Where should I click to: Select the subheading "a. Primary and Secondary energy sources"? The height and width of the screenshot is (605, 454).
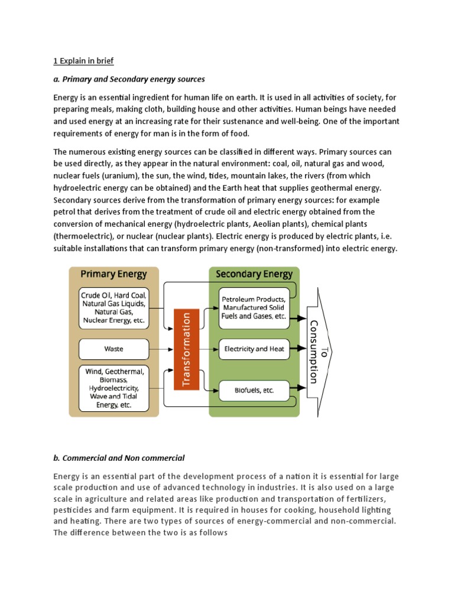(x=129, y=79)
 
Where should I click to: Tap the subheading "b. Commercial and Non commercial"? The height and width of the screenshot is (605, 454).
(x=119, y=458)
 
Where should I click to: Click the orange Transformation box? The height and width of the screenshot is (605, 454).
(x=186, y=349)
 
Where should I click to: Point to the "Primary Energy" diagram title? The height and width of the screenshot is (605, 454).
(x=113, y=274)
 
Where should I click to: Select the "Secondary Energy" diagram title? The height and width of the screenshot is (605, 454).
(x=254, y=274)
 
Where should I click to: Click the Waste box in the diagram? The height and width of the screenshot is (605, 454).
(x=113, y=349)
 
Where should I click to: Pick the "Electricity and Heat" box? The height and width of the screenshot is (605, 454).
(x=254, y=349)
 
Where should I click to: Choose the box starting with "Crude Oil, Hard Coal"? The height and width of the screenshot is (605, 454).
(x=113, y=308)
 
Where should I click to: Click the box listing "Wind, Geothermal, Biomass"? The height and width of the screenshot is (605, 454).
(x=113, y=388)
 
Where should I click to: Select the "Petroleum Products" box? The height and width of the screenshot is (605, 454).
(x=254, y=308)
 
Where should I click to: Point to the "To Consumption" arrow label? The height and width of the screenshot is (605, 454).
(x=317, y=352)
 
